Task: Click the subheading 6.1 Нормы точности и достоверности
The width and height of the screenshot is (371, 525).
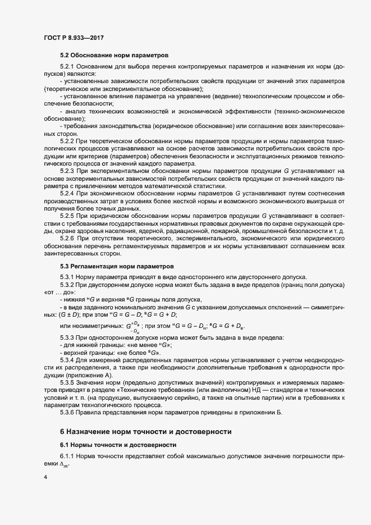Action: [109, 445]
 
